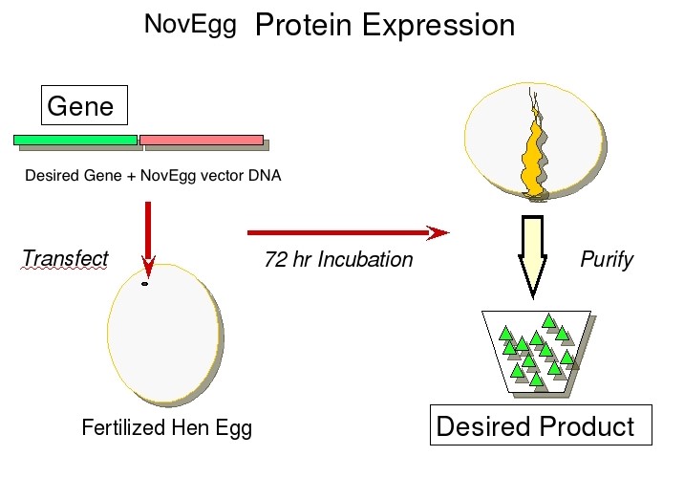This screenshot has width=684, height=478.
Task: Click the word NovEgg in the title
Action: pos(190,23)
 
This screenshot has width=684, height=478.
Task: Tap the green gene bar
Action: pos(75,140)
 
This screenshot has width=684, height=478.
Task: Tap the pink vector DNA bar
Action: pos(202,140)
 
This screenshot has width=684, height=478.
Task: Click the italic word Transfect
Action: pos(65,259)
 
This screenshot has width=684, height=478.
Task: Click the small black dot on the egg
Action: pos(145,283)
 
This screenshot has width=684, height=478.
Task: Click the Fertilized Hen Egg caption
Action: pos(167,427)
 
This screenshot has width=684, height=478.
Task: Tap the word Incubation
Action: pos(366,260)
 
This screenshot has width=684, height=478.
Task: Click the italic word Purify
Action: pos(607,260)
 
